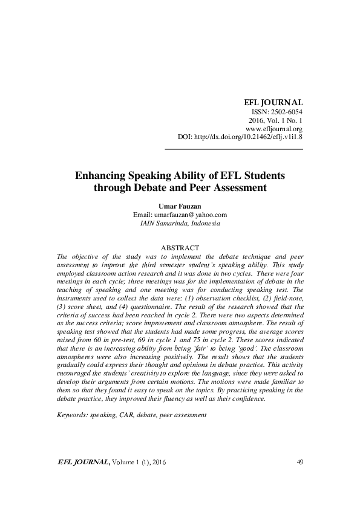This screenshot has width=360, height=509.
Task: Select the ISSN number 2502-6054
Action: click(x=288, y=112)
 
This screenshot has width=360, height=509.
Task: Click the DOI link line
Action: click(x=240, y=137)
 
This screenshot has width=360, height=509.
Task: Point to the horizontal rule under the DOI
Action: click(x=234, y=148)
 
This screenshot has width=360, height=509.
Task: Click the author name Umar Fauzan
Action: click(x=180, y=206)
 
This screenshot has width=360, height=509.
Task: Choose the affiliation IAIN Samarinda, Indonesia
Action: click(x=180, y=223)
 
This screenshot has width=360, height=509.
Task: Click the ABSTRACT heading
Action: click(x=180, y=248)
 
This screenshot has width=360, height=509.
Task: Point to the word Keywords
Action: click(x=73, y=415)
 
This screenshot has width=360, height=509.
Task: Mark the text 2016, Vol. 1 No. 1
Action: click(x=277, y=120)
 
